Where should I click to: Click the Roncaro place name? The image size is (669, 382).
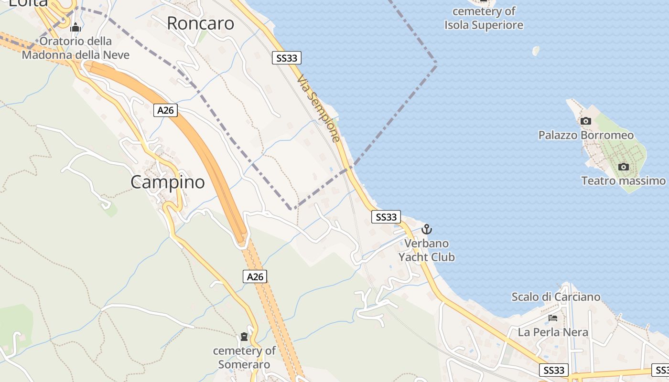pyautogui.click(x=201, y=23)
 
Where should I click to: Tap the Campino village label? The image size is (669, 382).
pyautogui.click(x=167, y=182)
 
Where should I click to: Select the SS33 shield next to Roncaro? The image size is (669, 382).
pyautogui.click(x=287, y=58)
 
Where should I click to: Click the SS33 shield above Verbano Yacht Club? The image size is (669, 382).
pyautogui.click(x=386, y=217)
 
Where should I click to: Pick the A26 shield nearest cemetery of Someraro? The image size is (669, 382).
pyautogui.click(x=255, y=276)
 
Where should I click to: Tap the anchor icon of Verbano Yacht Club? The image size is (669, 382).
pyautogui.click(x=426, y=229)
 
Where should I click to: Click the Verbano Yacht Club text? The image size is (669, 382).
pyautogui.click(x=427, y=250)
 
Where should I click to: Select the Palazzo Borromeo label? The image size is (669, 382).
pyautogui.click(x=586, y=135)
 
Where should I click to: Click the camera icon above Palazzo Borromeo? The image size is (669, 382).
pyautogui.click(x=585, y=121)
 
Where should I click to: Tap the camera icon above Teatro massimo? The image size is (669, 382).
pyautogui.click(x=623, y=167)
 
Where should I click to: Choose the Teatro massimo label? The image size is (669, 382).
pyautogui.click(x=623, y=180)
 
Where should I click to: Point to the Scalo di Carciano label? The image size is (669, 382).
pyautogui.click(x=556, y=297)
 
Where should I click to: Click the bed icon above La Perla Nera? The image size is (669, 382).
pyautogui.click(x=553, y=318)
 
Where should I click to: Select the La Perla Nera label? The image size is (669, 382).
pyautogui.click(x=553, y=332)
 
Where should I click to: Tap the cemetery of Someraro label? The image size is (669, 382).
pyautogui.click(x=244, y=358)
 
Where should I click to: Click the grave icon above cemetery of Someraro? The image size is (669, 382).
pyautogui.click(x=244, y=337)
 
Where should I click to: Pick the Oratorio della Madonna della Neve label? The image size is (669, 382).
pyautogui.click(x=76, y=48)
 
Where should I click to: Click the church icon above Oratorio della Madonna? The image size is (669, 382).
pyautogui.click(x=76, y=27)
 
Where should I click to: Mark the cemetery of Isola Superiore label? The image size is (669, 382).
pyautogui.click(x=484, y=18)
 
